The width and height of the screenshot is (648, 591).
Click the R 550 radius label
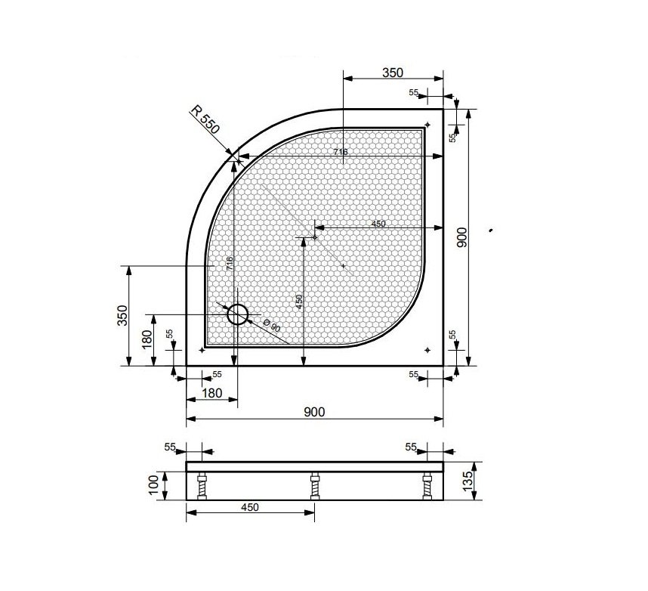pos(205,119)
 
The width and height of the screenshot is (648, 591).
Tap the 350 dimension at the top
pos(392,73)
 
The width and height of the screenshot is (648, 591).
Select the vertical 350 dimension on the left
pos(122,316)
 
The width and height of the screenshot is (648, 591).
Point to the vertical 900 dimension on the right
pos(462,237)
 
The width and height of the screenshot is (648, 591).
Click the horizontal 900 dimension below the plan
pos(314,412)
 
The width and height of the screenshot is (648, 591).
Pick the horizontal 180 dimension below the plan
pos(212,393)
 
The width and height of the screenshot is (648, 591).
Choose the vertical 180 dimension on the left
pos(147,339)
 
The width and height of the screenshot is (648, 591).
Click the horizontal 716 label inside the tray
pos(341,152)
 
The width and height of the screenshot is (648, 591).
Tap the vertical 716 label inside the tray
pos(230,264)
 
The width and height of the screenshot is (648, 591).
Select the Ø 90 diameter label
pos(272,326)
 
